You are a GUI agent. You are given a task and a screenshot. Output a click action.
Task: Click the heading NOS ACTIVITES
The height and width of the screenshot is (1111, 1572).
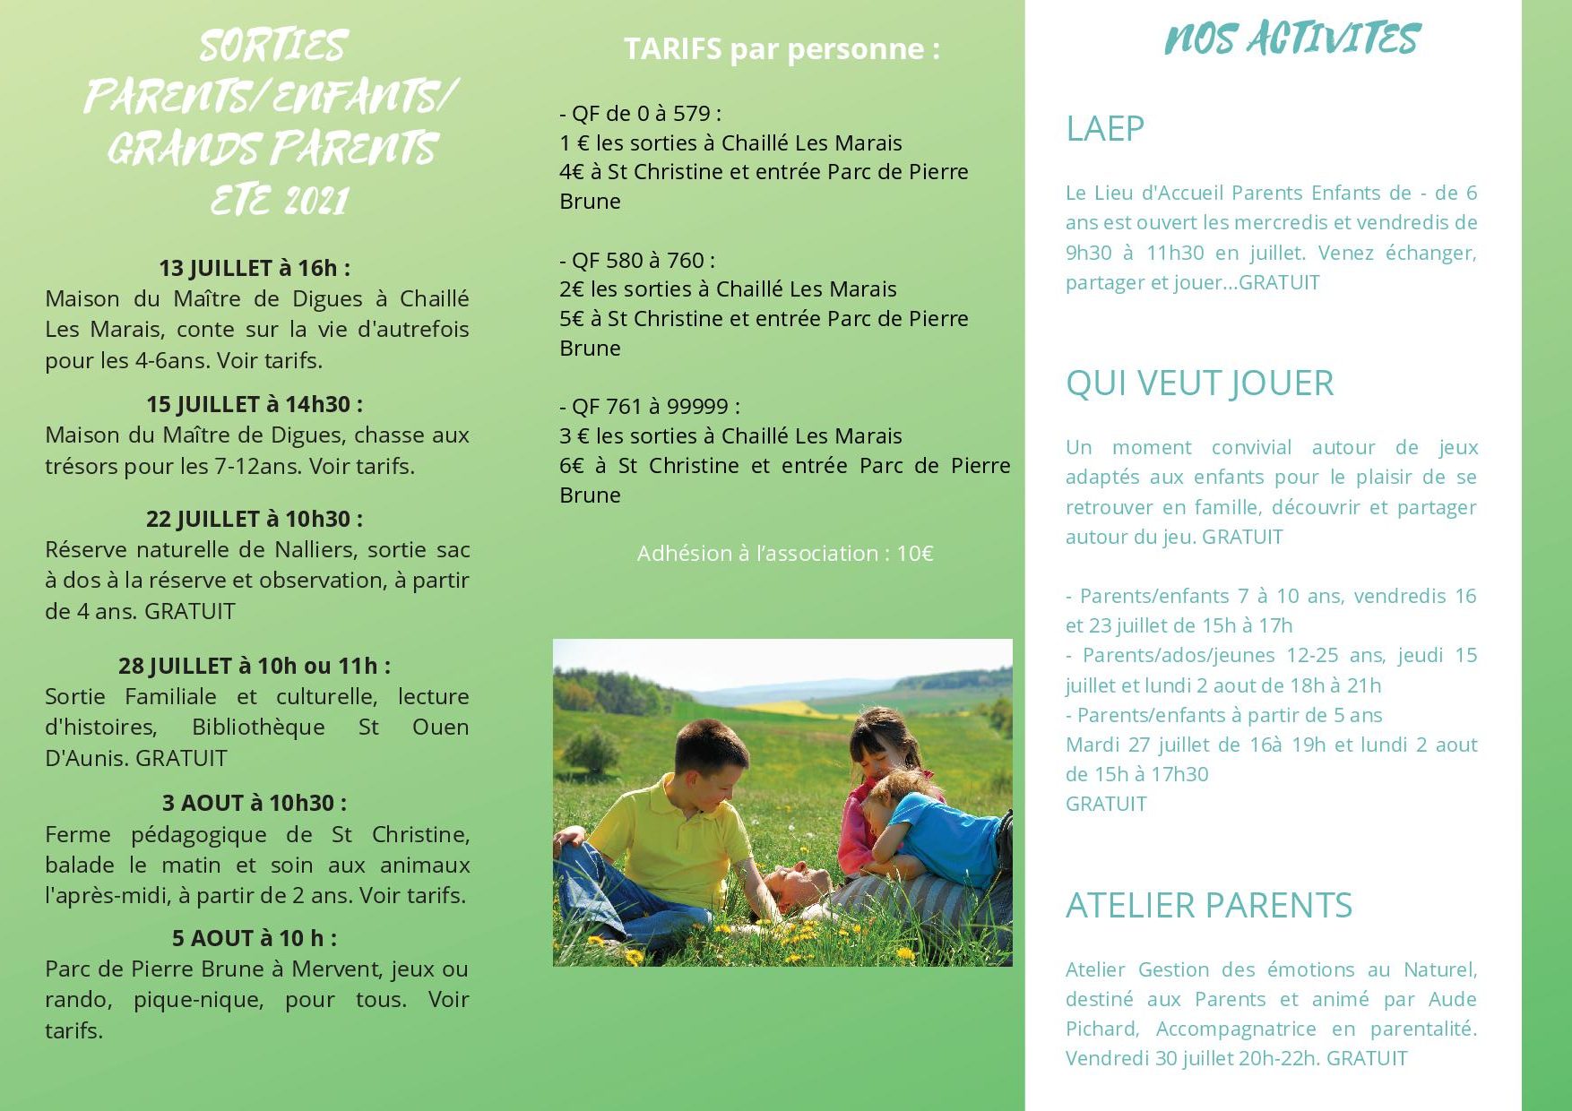pyautogui.click(x=1291, y=39)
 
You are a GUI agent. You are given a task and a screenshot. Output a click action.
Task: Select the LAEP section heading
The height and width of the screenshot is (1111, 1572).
pyautogui.click(x=1105, y=129)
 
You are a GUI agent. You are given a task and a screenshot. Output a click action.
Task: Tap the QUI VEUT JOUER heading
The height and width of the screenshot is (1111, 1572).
pyautogui.click(x=1199, y=383)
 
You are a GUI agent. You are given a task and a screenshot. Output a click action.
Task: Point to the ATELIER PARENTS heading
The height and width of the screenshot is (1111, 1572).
pyautogui.click(x=1208, y=906)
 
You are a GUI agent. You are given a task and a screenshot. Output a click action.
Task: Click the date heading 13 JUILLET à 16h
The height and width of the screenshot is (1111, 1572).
pyautogui.click(x=255, y=268)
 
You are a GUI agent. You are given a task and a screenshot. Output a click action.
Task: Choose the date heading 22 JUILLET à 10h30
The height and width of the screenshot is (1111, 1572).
pyautogui.click(x=255, y=519)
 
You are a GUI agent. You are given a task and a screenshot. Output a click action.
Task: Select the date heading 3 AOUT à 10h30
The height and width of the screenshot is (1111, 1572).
pyautogui.click(x=255, y=803)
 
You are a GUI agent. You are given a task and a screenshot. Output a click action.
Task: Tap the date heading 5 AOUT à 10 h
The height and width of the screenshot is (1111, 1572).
pyautogui.click(x=255, y=938)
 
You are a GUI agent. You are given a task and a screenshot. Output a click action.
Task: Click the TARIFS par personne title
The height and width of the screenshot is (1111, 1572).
pyautogui.click(x=782, y=49)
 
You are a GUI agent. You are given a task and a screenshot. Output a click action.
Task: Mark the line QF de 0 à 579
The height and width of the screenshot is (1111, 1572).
pyautogui.click(x=640, y=114)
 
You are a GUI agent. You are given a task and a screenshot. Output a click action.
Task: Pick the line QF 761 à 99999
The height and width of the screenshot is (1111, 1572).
pyautogui.click(x=650, y=407)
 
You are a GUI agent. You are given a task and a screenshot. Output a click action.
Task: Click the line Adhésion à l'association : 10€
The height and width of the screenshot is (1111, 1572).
pyautogui.click(x=785, y=554)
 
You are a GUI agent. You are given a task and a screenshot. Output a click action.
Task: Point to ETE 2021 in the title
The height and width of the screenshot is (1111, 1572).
pyautogui.click(x=279, y=201)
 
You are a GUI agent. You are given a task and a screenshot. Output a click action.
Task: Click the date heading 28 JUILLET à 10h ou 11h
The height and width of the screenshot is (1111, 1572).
pyautogui.click(x=255, y=666)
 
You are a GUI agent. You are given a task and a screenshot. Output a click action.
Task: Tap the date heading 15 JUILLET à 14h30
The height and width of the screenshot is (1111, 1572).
pyautogui.click(x=255, y=404)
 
